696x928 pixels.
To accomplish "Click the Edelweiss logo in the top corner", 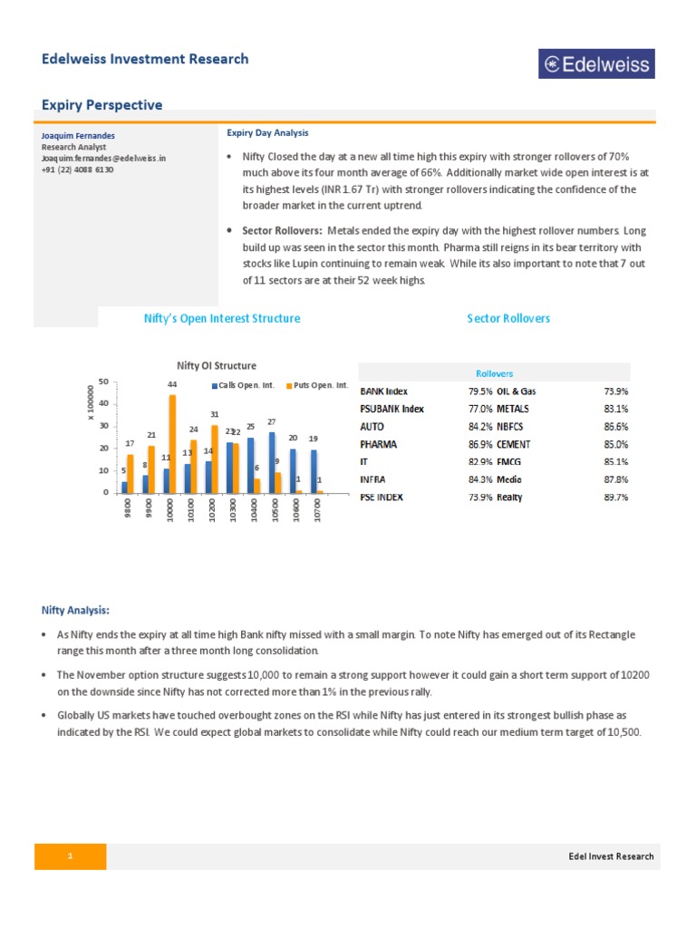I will click(x=596, y=63).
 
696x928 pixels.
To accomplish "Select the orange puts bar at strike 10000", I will click(x=172, y=444).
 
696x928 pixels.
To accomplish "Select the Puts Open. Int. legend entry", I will click(x=318, y=385).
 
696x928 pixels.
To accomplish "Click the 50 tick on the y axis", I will click(x=104, y=381).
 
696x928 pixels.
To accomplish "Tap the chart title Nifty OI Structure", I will click(x=216, y=366).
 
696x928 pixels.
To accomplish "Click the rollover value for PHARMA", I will click(x=480, y=444).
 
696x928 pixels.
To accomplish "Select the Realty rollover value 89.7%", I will click(x=615, y=498).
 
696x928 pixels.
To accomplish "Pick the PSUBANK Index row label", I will click(x=391, y=409).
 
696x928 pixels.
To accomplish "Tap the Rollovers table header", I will click(x=494, y=373).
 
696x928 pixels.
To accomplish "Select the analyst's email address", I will click(x=104, y=158).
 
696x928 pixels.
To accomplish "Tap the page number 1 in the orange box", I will click(x=70, y=856).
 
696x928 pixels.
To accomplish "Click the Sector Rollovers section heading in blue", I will click(x=508, y=318).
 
